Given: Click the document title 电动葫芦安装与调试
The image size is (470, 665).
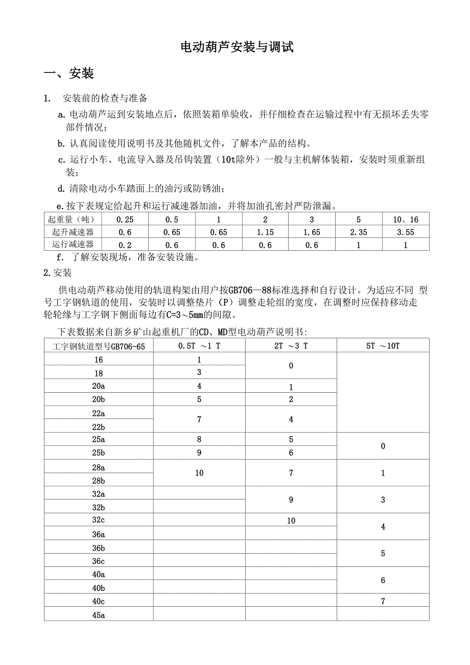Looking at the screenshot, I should pos(238,47).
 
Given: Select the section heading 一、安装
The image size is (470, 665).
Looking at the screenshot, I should pos(69,74).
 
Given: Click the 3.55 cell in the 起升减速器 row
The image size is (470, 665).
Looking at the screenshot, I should pos(406,232).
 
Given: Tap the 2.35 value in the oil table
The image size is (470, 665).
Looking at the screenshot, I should pos(359,232).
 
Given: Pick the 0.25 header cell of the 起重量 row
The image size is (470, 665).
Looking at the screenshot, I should pos(125,220).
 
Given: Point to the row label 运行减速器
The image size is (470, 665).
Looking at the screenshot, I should pos(73,245).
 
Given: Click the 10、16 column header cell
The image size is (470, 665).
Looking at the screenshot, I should pos(406,220).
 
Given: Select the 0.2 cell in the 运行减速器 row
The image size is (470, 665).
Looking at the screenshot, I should pos(125,245).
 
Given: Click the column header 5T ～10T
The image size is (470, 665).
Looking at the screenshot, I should pos(383,346).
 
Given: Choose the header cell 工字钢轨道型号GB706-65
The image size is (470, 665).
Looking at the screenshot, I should pos(99,346).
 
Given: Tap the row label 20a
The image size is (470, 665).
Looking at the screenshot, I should pos(99,386).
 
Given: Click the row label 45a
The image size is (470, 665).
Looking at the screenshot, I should pos(99,614).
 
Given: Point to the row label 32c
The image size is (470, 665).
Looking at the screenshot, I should pos(99,520).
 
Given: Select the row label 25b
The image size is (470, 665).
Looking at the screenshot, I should pos(99,453).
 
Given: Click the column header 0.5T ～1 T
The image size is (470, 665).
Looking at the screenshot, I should pos(199,346).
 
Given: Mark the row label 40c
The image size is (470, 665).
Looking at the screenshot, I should pos(99,601).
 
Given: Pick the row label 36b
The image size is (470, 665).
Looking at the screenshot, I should pos(99,548).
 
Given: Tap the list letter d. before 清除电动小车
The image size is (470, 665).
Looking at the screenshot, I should pos(61,188).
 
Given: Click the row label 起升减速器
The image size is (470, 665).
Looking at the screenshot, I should pos(73,232).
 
